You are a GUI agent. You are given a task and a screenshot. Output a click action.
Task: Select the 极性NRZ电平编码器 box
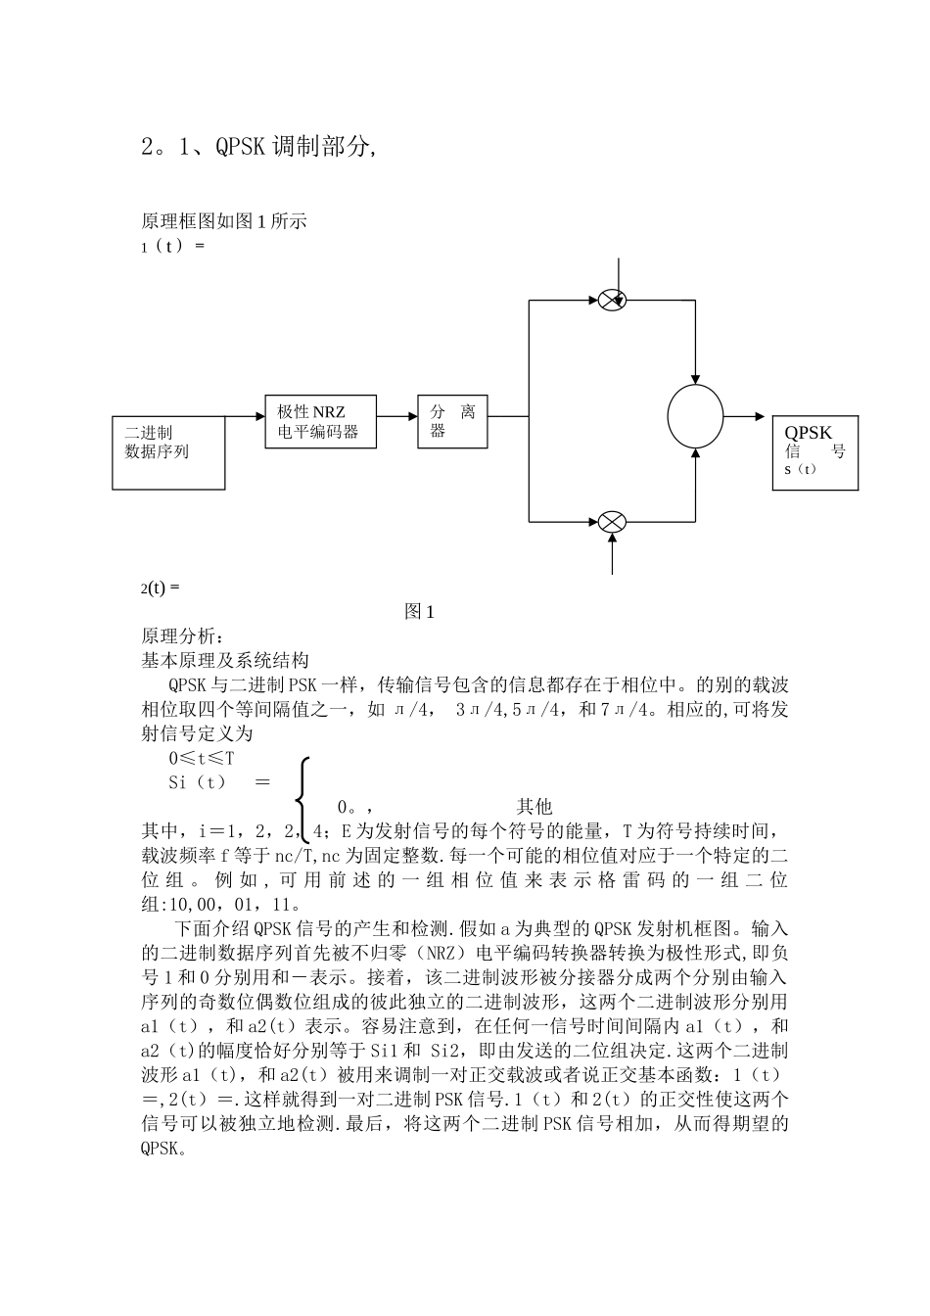tap(320, 422)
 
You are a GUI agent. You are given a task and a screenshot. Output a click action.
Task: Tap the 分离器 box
tap(452, 422)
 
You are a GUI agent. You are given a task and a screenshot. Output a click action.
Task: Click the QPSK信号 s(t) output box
tap(814, 452)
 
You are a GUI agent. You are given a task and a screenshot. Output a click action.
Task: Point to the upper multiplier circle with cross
tap(612, 300)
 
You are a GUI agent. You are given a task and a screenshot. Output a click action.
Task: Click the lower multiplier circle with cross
tap(612, 521)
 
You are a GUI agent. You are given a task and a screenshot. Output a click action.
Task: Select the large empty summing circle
tap(695, 416)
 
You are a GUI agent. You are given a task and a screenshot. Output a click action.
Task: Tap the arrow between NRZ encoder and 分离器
tap(396, 416)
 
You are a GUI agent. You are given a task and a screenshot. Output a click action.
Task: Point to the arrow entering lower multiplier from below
tap(612, 554)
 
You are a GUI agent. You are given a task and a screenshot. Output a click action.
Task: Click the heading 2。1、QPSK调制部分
tap(259, 147)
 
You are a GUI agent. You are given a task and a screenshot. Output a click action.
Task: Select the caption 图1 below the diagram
tap(419, 612)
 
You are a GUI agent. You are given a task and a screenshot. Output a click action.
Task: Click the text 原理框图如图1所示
tap(224, 221)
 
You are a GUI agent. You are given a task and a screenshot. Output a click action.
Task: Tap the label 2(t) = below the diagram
tap(161, 587)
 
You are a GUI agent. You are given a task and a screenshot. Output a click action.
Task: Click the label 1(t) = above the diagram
tap(172, 246)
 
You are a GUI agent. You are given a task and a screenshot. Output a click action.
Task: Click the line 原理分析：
tap(183, 636)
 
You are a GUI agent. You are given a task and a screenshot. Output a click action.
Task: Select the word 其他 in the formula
tap(535, 807)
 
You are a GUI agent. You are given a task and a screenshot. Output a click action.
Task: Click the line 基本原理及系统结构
tap(225, 660)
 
